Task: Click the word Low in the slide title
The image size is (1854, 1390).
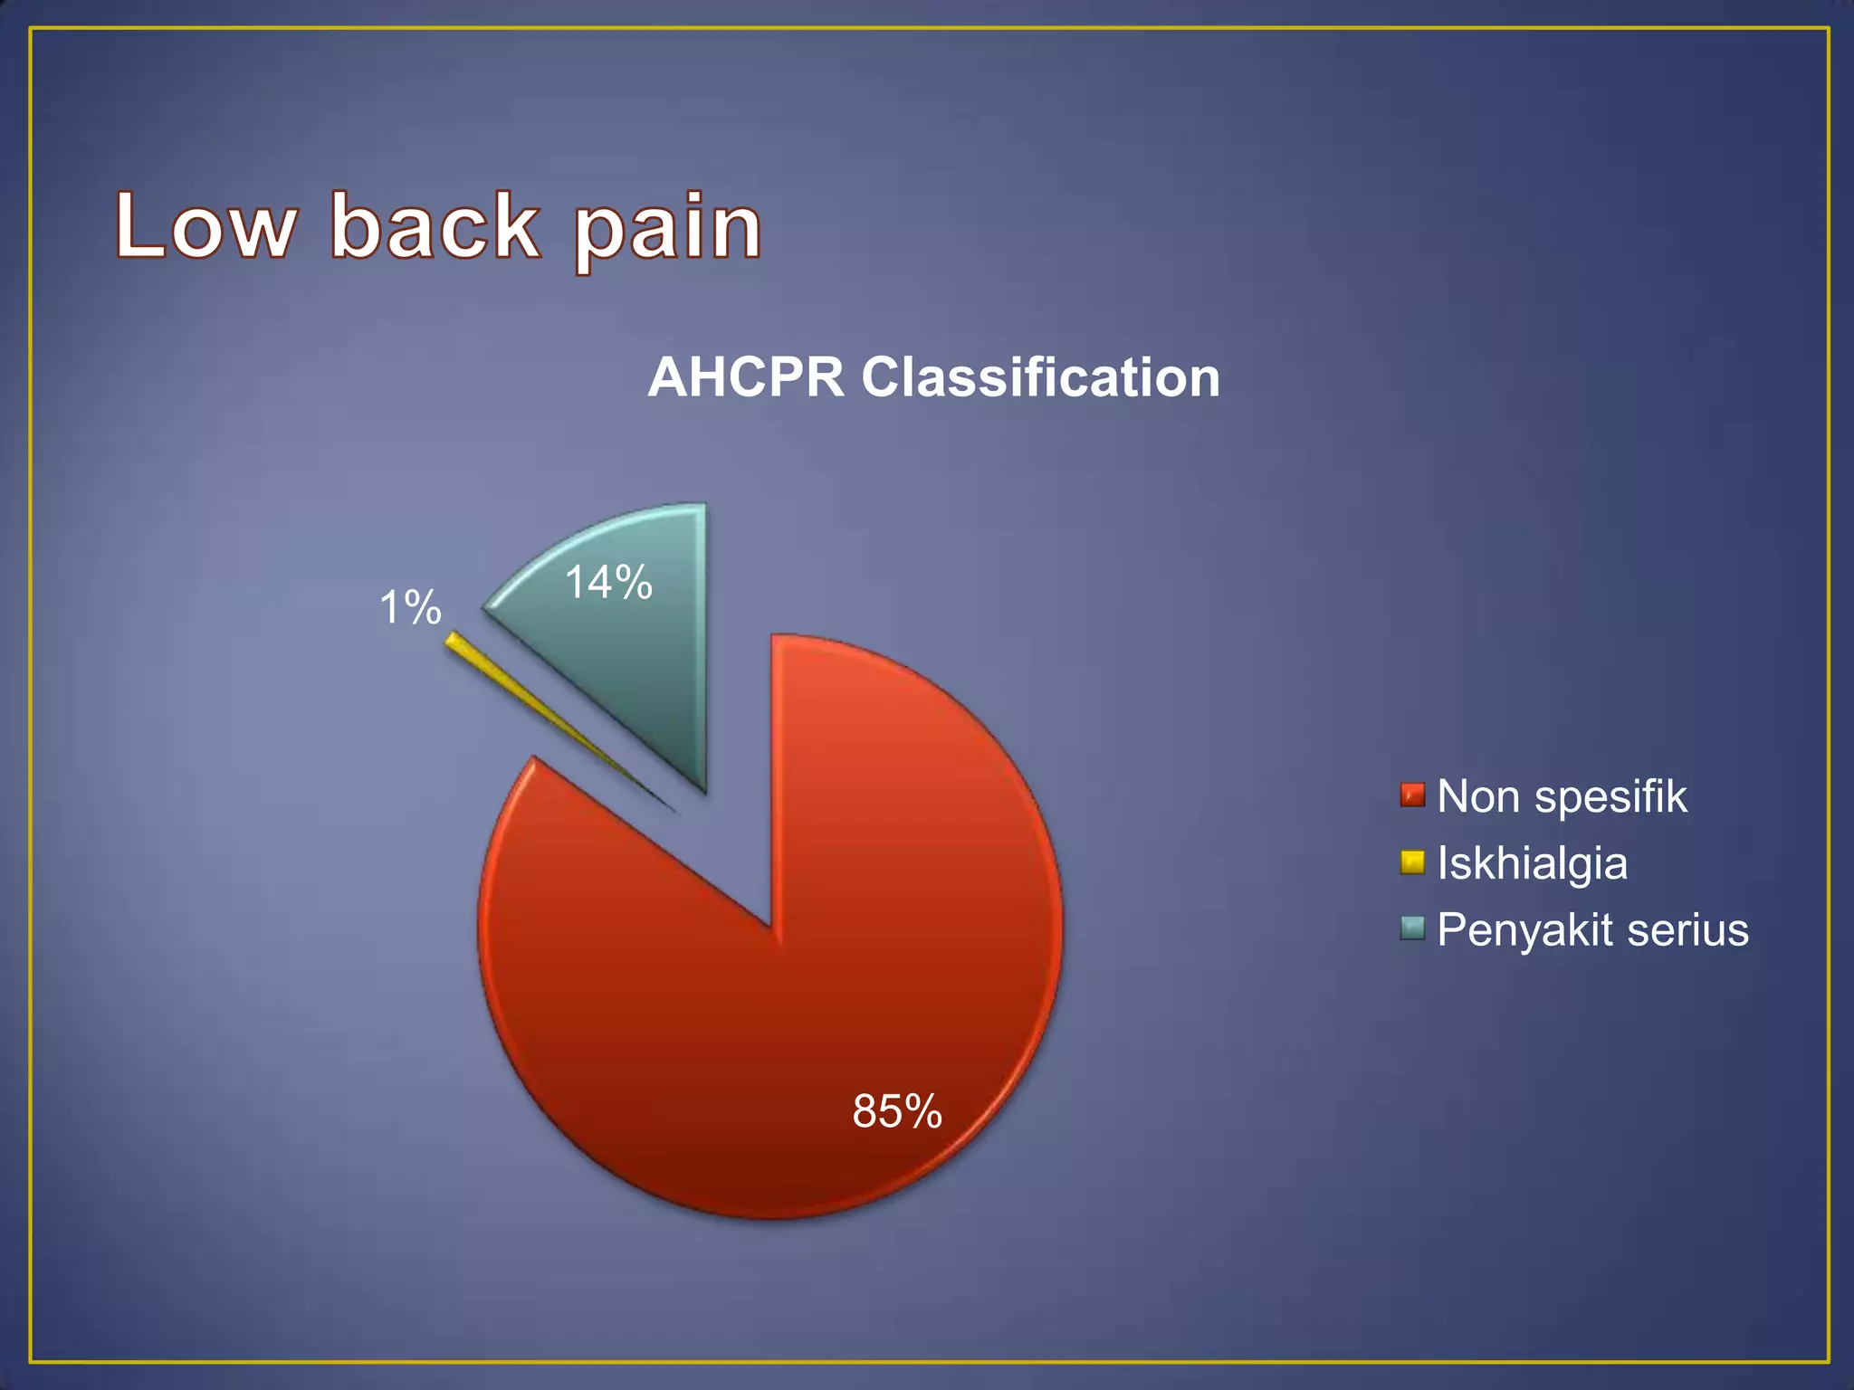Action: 205,226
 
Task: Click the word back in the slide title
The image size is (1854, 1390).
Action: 435,226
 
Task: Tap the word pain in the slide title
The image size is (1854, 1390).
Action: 668,230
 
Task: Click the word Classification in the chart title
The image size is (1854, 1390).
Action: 1040,377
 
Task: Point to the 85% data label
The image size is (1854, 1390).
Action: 896,1111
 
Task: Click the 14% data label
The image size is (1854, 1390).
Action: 608,582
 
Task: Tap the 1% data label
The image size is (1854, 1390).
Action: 410,607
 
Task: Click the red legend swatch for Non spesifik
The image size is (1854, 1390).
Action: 1411,795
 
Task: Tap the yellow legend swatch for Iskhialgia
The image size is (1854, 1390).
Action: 1411,862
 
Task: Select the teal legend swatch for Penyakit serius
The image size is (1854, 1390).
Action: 1411,928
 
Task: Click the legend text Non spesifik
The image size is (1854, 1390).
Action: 1561,797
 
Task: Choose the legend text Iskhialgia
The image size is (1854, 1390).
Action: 1532,863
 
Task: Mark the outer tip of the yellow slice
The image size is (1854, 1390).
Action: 450,639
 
